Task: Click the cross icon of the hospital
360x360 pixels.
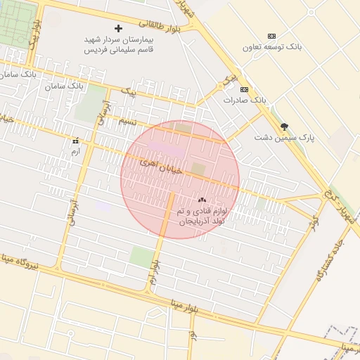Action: pyautogui.click(x=117, y=29)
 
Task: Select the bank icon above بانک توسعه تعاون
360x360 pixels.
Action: pyautogui.click(x=271, y=36)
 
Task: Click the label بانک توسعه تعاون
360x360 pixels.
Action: pyautogui.click(x=272, y=47)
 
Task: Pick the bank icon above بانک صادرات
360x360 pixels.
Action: pyautogui.click(x=244, y=89)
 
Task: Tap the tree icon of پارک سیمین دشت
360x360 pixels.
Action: pyautogui.click(x=284, y=127)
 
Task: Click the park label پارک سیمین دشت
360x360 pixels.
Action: pyautogui.click(x=284, y=138)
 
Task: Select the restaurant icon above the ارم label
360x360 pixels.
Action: pyautogui.click(x=75, y=141)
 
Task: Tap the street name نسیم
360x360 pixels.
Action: pyautogui.click(x=127, y=121)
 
